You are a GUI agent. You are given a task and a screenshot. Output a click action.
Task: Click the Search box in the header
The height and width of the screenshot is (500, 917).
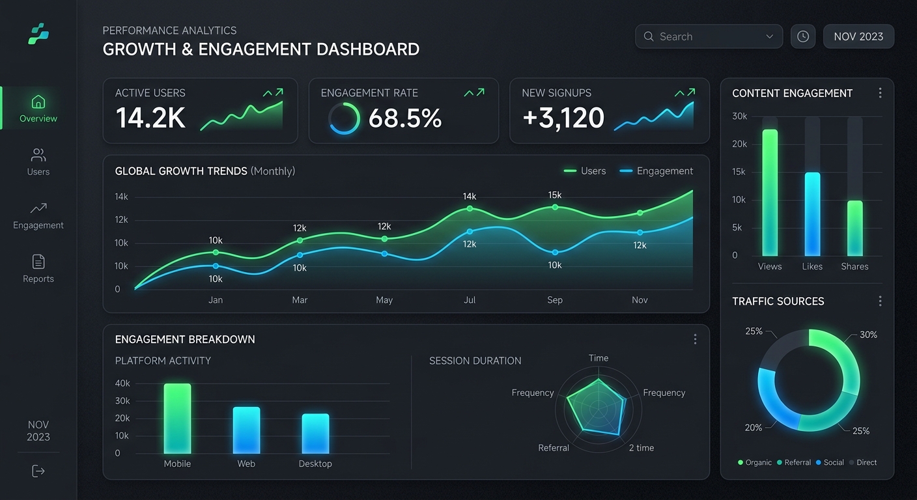click(x=708, y=36)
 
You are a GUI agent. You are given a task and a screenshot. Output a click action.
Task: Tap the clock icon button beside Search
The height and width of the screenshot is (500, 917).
click(x=803, y=36)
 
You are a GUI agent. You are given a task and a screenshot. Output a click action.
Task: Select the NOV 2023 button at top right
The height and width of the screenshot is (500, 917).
click(x=858, y=36)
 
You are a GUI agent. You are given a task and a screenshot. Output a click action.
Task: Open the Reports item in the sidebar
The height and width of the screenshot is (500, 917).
click(x=38, y=269)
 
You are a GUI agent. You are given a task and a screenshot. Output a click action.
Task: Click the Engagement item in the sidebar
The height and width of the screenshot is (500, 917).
click(x=38, y=215)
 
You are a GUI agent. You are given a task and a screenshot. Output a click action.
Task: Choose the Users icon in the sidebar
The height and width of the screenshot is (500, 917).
click(x=38, y=156)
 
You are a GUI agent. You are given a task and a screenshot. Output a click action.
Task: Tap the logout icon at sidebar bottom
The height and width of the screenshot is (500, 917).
click(x=38, y=471)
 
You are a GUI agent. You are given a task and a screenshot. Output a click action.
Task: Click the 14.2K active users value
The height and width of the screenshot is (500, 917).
click(x=150, y=118)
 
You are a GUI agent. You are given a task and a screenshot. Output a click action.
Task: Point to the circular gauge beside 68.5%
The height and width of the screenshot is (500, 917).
click(x=344, y=118)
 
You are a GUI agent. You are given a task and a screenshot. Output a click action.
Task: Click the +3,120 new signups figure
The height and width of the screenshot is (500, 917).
click(x=563, y=118)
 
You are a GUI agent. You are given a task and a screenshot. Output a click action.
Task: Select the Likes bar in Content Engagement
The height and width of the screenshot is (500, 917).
click(x=812, y=214)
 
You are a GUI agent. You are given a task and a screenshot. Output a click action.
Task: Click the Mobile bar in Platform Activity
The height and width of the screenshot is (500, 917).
click(x=177, y=418)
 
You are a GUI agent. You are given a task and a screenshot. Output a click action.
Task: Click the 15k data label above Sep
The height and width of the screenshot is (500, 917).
click(x=555, y=195)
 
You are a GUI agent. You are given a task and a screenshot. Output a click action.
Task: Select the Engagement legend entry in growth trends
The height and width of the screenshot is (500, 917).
click(x=656, y=171)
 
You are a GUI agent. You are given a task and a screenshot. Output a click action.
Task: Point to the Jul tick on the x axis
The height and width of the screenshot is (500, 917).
click(x=470, y=300)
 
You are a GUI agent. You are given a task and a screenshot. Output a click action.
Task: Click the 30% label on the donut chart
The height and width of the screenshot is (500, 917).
click(x=868, y=335)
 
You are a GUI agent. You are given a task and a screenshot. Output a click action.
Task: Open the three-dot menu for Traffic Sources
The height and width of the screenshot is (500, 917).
click(x=880, y=301)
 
